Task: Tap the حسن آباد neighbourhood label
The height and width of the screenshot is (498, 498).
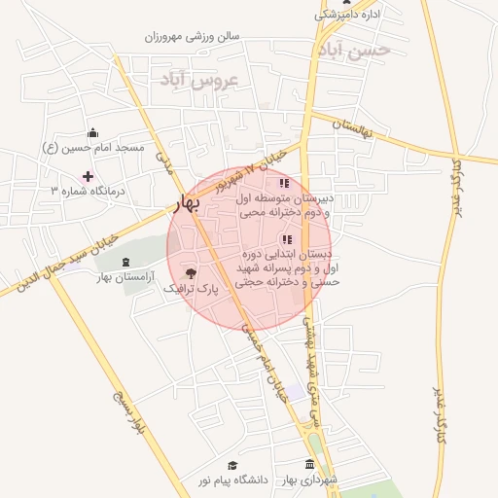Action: point(353,49)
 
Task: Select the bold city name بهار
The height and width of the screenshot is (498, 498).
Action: point(184,202)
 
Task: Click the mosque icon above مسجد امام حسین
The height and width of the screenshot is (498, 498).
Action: point(92,133)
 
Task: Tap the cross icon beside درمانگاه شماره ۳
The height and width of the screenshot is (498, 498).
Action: point(89,176)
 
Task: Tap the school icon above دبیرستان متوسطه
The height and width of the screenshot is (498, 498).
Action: point(284,183)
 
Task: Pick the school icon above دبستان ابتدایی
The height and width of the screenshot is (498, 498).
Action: point(286,238)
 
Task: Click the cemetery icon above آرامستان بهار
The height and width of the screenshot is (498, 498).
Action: point(125,262)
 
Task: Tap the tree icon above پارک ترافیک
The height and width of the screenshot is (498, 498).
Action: point(190,274)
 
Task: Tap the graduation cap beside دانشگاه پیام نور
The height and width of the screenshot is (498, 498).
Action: point(231,465)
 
